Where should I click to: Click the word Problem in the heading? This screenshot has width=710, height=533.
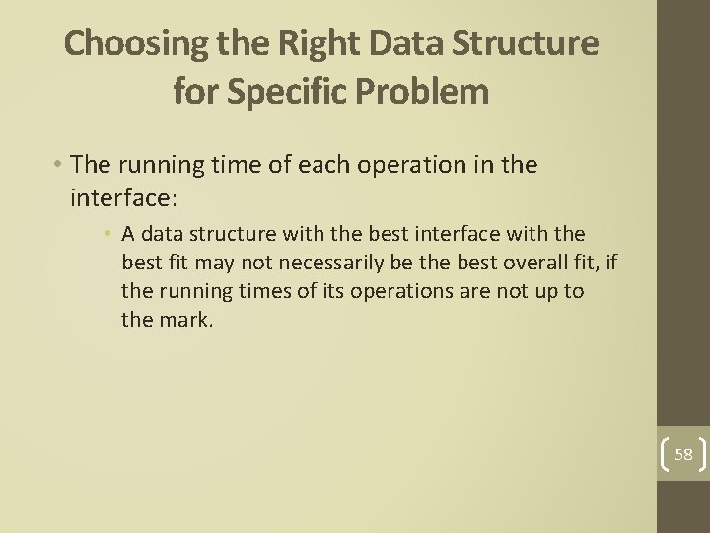tap(435, 92)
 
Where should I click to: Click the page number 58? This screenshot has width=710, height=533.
tap(683, 454)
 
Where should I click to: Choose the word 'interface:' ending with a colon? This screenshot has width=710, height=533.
tap(123, 198)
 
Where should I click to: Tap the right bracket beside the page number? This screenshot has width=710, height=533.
tap(703, 454)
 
